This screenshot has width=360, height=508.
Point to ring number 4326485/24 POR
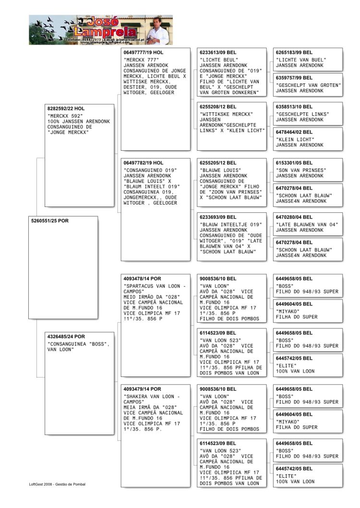pos(66,337)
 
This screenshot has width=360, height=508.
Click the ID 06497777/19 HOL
pos(144,52)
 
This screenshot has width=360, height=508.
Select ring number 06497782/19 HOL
pos(144,163)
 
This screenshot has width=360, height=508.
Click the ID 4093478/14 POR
pos(143,278)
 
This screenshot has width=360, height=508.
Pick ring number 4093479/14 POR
pos(143,389)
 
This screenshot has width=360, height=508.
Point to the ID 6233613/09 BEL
pos(218,52)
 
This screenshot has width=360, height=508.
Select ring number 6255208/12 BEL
pos(218,107)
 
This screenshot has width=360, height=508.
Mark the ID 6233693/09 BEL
pos(218,217)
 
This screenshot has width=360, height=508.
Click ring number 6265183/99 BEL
pos(294,52)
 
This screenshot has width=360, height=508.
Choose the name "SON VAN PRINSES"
pos(301,170)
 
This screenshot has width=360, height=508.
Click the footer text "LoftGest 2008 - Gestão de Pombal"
pos(57,484)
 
